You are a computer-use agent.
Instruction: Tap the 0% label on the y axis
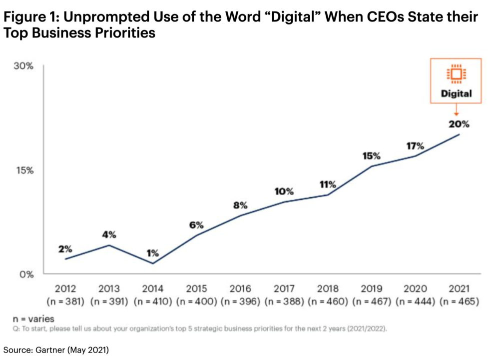coord(25,274)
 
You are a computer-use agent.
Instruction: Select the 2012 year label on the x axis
coord(65,288)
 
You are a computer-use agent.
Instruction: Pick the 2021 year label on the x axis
coord(459,288)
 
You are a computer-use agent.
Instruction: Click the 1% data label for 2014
coord(152,252)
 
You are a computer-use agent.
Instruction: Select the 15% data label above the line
coord(372,156)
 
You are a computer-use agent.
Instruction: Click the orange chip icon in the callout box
coord(456,74)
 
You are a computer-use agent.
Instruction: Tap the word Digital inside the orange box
coord(456,93)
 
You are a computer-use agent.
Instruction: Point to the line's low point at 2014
coord(153,263)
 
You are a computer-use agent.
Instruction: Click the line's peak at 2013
coord(109,245)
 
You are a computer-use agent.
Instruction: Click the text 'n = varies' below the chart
coord(33,318)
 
